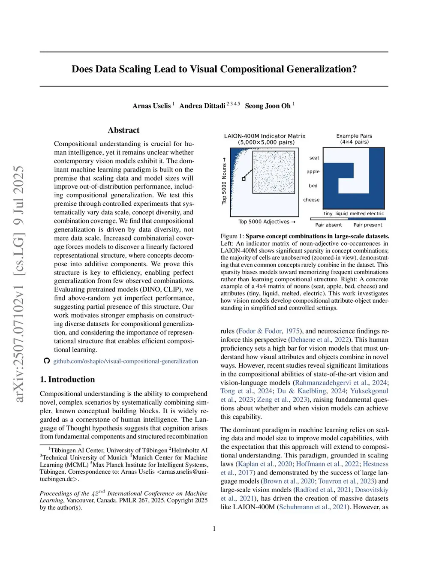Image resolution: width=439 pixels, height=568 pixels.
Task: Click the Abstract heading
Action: click(x=123, y=130)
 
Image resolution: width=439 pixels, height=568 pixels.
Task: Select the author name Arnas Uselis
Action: click(x=151, y=106)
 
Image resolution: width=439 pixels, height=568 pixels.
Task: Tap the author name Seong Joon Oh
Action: click(x=268, y=106)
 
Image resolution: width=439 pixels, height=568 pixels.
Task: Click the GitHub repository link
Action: click(x=126, y=361)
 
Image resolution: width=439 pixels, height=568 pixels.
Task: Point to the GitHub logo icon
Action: click(x=47, y=361)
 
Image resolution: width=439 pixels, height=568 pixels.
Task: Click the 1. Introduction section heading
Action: click(x=67, y=379)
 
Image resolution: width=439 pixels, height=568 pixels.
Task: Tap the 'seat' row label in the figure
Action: click(x=314, y=158)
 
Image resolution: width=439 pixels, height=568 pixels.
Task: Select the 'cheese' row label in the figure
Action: click(x=311, y=200)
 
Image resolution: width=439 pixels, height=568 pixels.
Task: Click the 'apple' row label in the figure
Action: click(x=313, y=172)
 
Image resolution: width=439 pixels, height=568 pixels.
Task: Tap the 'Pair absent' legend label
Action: click(x=328, y=225)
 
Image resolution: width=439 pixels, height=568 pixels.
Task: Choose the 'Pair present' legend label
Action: click(x=368, y=225)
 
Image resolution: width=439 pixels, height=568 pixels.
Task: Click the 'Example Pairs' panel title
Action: click(x=354, y=136)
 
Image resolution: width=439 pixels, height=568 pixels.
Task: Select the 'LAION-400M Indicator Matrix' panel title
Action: click(x=265, y=136)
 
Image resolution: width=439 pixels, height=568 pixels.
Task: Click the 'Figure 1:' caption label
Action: click(x=232, y=236)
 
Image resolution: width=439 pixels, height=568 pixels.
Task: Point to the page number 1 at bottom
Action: click(x=214, y=529)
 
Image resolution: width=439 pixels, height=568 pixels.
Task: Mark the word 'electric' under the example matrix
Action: click(x=376, y=213)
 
